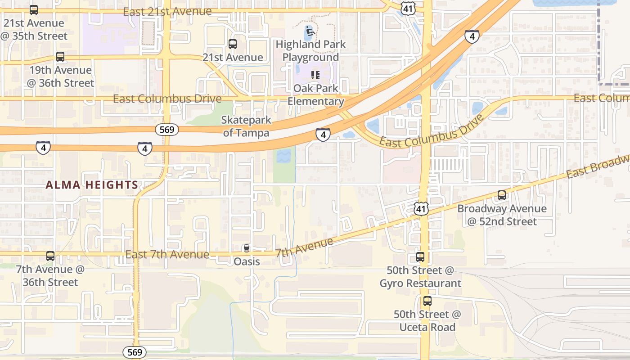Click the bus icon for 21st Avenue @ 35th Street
[34, 10]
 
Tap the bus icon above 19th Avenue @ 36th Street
[60, 57]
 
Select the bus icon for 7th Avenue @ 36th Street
[50, 256]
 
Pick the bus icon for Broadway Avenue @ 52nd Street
[502, 195]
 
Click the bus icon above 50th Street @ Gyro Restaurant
[420, 257]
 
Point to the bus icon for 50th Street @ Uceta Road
[427, 301]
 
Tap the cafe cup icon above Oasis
[246, 248]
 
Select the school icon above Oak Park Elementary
[315, 75]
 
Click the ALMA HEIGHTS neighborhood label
[92, 185]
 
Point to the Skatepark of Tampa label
[246, 126]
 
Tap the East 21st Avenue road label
[167, 12]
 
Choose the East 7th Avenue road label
[167, 255]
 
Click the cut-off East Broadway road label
[598, 166]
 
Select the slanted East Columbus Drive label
[432, 131]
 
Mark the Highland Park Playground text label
[310, 51]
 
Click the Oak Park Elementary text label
[316, 94]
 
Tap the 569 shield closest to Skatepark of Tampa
[167, 130]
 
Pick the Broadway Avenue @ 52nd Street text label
[502, 215]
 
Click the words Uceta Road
[427, 327]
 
